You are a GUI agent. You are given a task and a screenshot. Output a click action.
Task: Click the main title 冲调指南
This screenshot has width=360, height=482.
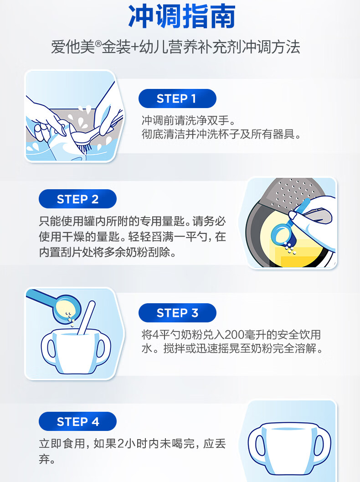coord(182,16)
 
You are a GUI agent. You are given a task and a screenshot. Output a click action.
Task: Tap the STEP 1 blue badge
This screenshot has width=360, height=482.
coord(177,98)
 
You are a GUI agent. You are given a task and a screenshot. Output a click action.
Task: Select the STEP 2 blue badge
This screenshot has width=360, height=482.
coord(77,199)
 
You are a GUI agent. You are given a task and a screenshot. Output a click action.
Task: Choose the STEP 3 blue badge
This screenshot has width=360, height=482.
coord(177,313)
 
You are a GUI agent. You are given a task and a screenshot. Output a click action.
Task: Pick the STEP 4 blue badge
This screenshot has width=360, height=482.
coord(77,421)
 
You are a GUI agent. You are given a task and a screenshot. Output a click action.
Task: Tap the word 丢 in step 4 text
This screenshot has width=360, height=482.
coord(220,444)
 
